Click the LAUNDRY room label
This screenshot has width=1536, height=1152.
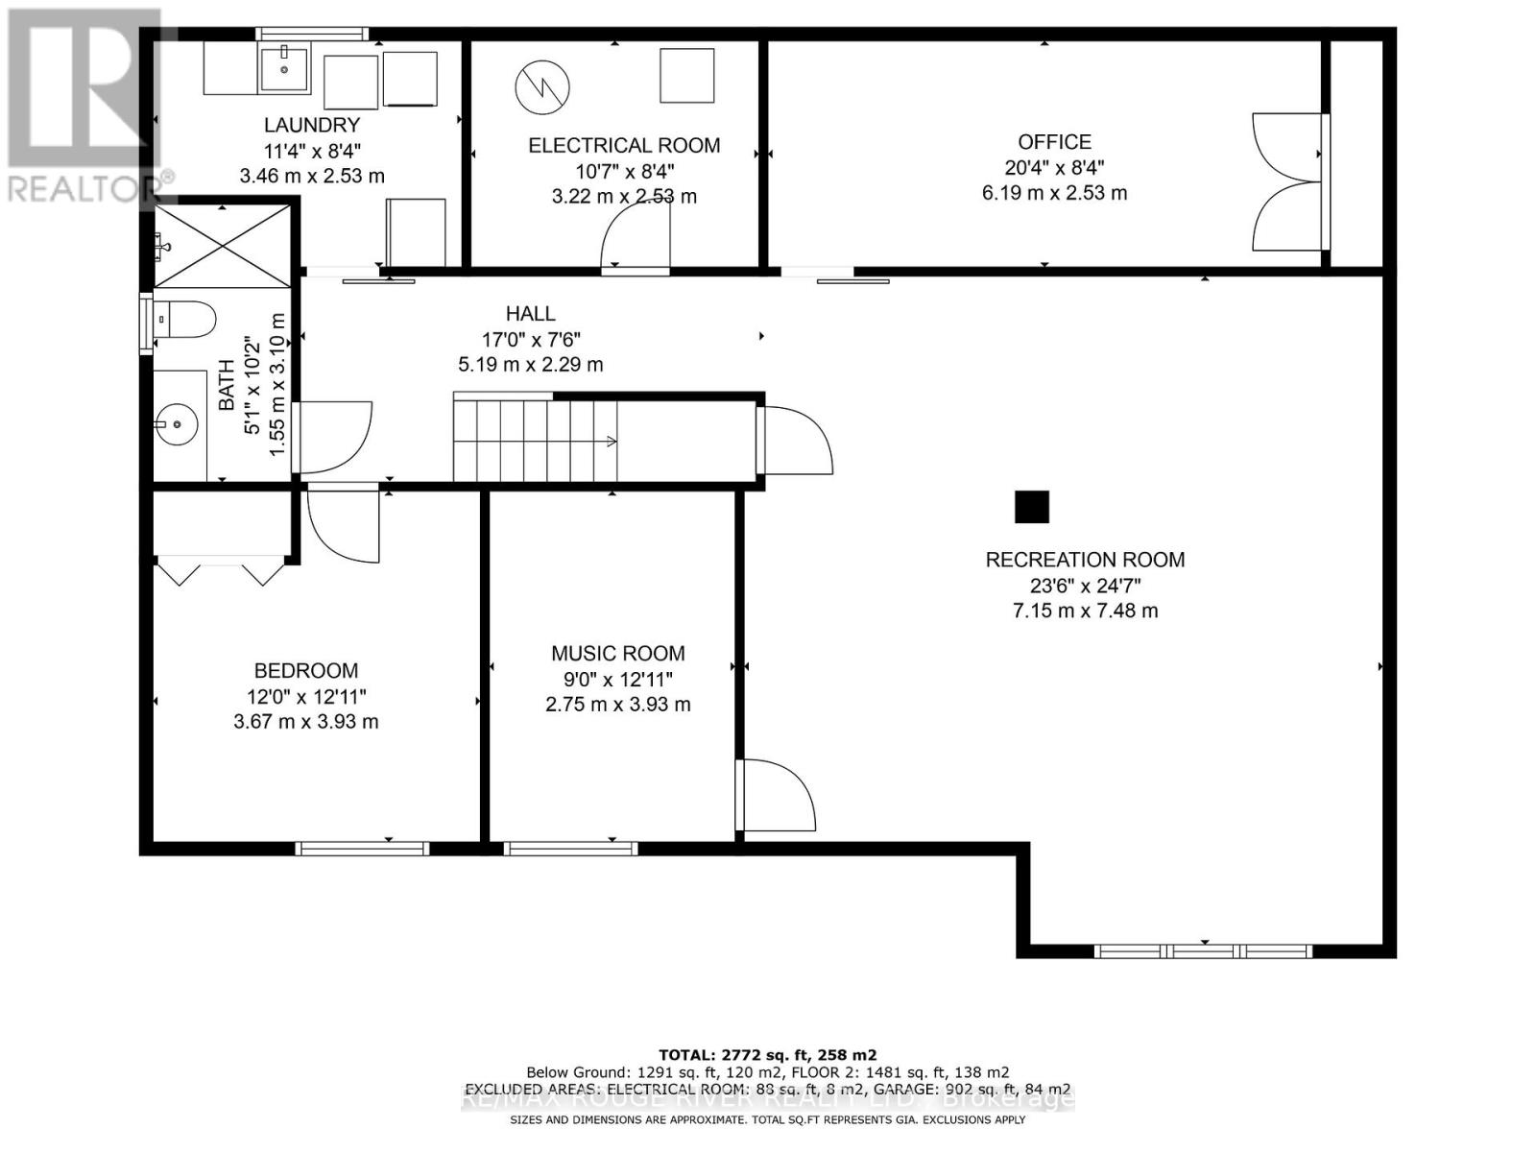point(312,125)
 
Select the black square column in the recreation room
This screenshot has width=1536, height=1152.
point(1032,507)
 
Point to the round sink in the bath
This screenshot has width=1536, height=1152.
point(177,423)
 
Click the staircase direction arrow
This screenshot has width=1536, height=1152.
point(609,442)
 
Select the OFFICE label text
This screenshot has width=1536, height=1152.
point(1054,142)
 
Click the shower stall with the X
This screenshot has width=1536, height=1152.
point(223,246)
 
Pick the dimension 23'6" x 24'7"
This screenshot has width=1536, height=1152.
point(1085,586)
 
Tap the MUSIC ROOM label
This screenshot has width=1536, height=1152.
point(617,654)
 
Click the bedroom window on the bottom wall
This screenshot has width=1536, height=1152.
point(362,848)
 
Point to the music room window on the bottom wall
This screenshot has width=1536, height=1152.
point(570,848)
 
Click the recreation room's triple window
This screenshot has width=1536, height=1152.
point(1203,951)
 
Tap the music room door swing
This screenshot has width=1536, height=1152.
point(776,795)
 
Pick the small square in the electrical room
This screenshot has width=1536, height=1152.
point(686,76)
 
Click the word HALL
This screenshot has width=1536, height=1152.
point(531,314)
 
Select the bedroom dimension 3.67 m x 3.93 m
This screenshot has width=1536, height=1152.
point(305,722)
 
